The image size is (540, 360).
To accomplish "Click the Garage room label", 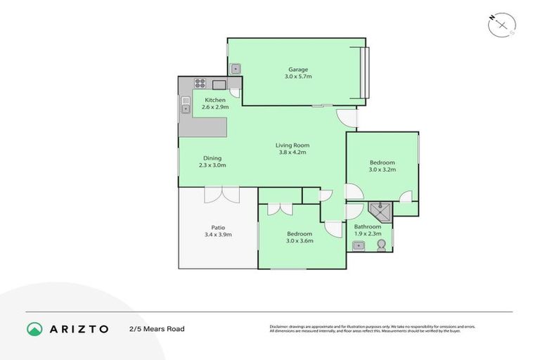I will point(298,73).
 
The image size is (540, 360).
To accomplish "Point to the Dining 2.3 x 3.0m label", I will point(212,162).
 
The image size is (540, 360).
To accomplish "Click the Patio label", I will point(218,231).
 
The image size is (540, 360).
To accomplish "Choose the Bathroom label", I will point(367,231).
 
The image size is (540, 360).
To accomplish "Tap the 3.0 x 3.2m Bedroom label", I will point(382,166).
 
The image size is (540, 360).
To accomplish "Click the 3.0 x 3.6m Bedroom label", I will point(300,237).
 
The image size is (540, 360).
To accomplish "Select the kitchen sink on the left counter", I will point(186,107).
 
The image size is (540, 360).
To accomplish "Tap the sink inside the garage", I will point(236,69).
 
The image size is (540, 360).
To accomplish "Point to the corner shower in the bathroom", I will point(380,211).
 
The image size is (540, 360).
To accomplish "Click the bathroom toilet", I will point(381,244).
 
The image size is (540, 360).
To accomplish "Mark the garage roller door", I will point(364,73).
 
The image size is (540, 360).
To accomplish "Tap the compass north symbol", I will point(501,24).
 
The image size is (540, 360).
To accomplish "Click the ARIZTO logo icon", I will point(34,328).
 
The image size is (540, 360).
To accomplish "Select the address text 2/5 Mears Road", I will point(156,329).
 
